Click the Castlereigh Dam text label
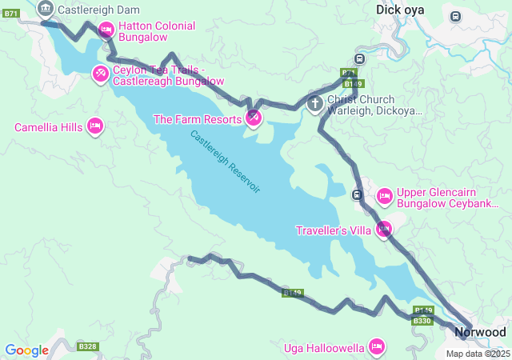pyautogui.click(x=98, y=10)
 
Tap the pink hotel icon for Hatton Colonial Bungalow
pyautogui.click(x=106, y=30)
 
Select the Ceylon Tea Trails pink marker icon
pyautogui.click(x=100, y=74)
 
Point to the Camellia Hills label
pyautogui.click(x=49, y=127)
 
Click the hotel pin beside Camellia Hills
pyautogui.click(x=95, y=126)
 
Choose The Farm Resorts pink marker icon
pyautogui.click(x=253, y=118)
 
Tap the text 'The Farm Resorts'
pyautogui.click(x=198, y=119)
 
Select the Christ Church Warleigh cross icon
pyautogui.click(x=315, y=103)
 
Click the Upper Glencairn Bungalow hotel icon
pyautogui.click(x=384, y=195)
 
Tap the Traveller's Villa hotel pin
pyautogui.click(x=384, y=230)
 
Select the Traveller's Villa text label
pyautogui.click(x=333, y=230)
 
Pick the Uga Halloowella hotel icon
pyautogui.click(x=376, y=346)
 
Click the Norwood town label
pyautogui.click(x=480, y=331)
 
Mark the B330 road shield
pyautogui.click(x=422, y=321)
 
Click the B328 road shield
pyautogui.click(x=87, y=346)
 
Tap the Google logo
pyautogui.click(x=26, y=350)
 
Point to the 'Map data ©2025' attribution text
pyautogui.click(x=478, y=354)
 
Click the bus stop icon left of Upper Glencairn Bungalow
pyautogui.click(x=358, y=194)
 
